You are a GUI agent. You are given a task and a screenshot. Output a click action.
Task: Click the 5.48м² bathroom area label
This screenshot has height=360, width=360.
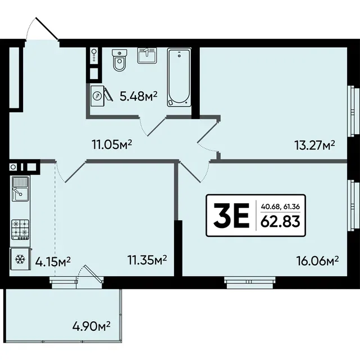tap(139, 96)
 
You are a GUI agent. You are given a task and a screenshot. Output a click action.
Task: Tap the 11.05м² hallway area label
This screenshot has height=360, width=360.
tap(112, 145)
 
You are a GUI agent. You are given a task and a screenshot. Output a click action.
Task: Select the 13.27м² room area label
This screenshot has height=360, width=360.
tap(315, 145)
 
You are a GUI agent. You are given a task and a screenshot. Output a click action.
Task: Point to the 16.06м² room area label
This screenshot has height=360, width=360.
tap(318, 261)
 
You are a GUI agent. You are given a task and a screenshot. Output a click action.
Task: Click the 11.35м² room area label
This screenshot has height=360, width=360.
tap(147, 261)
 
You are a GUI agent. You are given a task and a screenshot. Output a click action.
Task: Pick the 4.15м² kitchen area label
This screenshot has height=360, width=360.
tap(53, 262)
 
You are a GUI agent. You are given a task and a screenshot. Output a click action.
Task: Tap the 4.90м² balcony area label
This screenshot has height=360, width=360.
tap(92, 326)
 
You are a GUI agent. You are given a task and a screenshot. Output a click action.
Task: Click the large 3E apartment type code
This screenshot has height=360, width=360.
tap(231, 215)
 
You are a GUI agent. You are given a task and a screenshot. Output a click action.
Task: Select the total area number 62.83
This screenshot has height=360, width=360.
tap(280, 221)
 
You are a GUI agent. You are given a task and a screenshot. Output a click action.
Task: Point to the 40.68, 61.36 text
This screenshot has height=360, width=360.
tap(280, 207)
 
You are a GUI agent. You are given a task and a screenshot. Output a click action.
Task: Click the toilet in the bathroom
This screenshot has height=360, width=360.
tap(120, 60)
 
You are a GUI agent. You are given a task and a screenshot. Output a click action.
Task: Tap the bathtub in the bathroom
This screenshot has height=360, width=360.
tap(179, 77)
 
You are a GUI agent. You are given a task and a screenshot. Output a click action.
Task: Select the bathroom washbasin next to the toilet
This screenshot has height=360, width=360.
tap(147, 56)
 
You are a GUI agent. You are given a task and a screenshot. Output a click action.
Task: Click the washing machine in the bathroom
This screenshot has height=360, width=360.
tap(98, 95)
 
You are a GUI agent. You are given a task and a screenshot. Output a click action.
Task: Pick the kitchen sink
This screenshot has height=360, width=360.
tap(21, 189)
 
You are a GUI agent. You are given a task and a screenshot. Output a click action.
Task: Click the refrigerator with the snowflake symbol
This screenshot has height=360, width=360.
tap(20, 259)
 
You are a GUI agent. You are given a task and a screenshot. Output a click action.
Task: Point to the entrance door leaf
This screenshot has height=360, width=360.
tap(47, 29)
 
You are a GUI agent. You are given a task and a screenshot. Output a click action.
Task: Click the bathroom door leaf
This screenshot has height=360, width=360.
tap(157, 127)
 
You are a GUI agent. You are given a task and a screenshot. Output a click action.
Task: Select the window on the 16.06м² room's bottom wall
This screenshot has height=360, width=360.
tap(250, 282)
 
